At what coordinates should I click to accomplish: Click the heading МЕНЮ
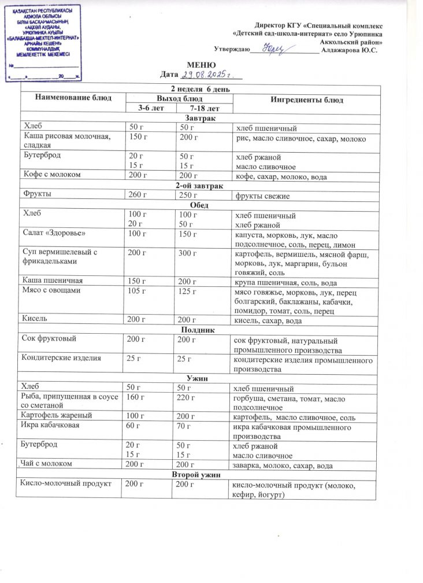[x=201, y=64]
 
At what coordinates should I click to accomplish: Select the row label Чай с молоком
[x=47, y=464]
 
